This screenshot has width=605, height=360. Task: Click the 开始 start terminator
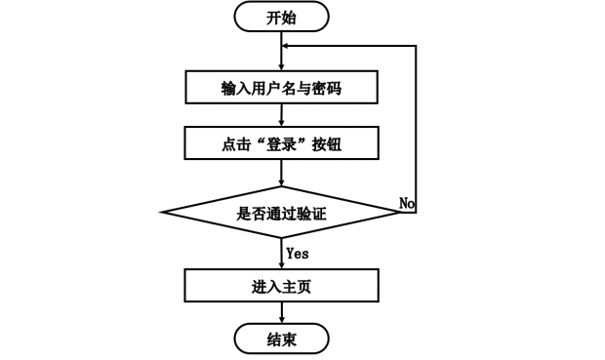[281, 18]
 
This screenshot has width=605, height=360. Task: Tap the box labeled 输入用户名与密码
[281, 88]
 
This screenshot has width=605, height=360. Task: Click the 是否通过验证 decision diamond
[281, 213]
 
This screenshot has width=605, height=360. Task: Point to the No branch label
[407, 202]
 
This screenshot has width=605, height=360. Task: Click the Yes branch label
[299, 253]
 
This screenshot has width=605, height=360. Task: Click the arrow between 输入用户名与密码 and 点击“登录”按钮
[281, 115]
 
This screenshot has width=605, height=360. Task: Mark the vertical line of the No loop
[417, 127]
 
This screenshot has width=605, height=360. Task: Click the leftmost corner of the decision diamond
[163, 213]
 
